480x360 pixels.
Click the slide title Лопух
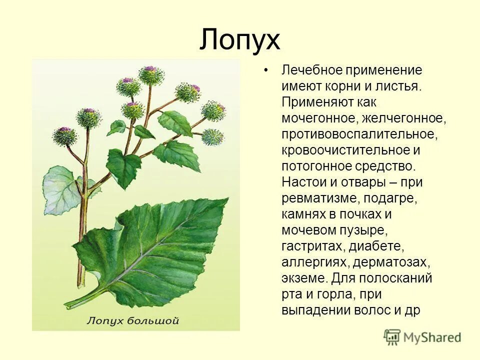click(x=240, y=40)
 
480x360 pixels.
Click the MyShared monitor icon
click(x=392, y=336)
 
